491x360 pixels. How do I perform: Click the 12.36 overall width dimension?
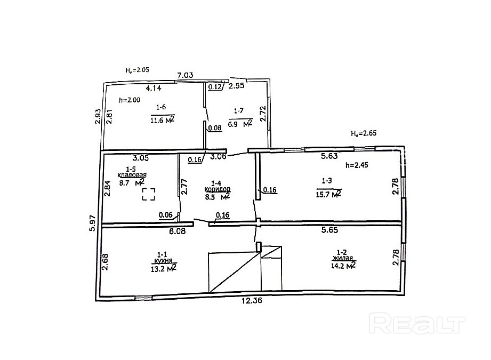click(x=252, y=300)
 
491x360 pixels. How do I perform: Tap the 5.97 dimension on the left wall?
click(x=93, y=225)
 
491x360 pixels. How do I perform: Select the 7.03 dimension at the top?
click(x=185, y=75)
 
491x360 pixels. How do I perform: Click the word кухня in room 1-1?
click(x=164, y=261)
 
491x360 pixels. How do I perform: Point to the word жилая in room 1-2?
click(x=343, y=259)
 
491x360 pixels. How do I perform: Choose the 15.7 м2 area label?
click(x=328, y=194)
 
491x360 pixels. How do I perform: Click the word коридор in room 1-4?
click(x=218, y=189)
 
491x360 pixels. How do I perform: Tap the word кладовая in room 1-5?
click(x=132, y=175)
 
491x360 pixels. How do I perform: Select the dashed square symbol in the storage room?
click(x=149, y=194)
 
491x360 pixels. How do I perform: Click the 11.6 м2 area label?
click(x=162, y=119)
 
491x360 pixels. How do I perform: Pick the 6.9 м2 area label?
click(x=240, y=123)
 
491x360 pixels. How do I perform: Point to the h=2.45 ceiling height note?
click(x=357, y=165)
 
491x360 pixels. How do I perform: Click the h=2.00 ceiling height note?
click(x=130, y=100)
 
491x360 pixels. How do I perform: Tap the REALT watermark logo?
click(x=417, y=324)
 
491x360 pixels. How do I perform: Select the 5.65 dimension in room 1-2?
click(x=329, y=230)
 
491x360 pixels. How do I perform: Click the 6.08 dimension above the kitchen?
click(x=177, y=231)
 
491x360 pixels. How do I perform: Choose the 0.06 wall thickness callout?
click(x=166, y=215)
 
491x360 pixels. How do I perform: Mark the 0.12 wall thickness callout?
click(x=215, y=87)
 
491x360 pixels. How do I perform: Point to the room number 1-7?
click(x=239, y=110)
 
